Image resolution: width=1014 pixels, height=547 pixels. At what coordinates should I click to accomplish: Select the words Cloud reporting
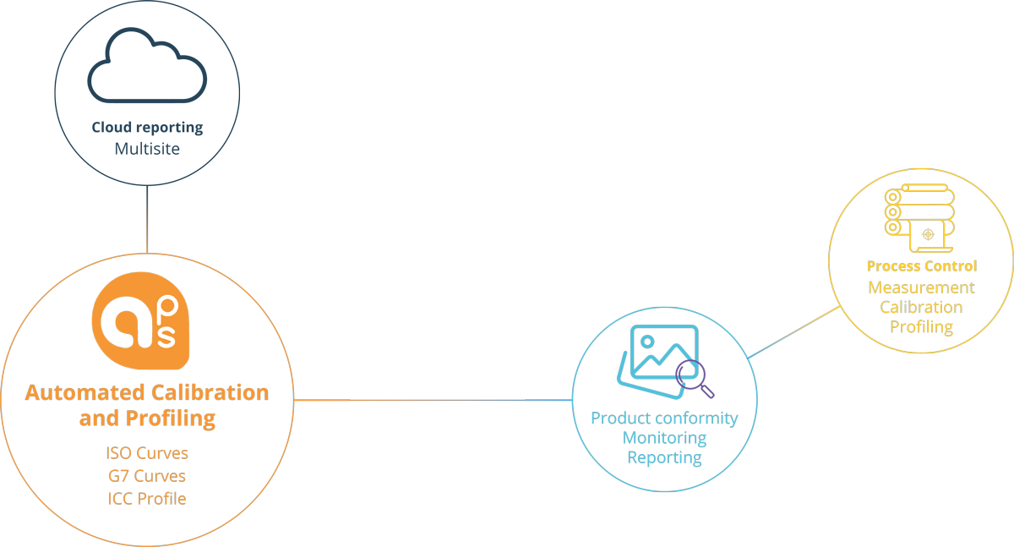click(147, 128)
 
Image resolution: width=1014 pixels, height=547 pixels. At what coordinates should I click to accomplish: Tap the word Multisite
click(147, 149)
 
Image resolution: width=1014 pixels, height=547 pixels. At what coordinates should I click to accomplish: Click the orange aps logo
click(140, 322)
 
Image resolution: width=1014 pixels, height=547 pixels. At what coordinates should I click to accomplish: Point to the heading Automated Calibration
click(147, 393)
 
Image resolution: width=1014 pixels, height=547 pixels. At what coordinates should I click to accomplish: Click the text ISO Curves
click(147, 453)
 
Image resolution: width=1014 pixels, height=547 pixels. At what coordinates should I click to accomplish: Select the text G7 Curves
click(147, 476)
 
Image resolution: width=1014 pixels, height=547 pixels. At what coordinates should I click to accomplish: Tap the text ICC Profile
click(147, 498)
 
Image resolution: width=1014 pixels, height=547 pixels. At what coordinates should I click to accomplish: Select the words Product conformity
click(664, 418)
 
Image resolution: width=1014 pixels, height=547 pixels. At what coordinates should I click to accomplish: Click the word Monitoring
click(664, 438)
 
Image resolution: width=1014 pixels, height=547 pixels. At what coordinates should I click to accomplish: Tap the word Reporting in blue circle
click(664, 457)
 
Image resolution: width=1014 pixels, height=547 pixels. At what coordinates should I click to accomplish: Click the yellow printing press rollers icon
click(919, 216)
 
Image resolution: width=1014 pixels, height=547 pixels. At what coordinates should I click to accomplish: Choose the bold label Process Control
click(921, 266)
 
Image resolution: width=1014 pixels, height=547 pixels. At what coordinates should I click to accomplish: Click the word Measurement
click(921, 287)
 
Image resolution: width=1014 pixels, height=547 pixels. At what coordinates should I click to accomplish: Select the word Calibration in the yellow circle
click(921, 307)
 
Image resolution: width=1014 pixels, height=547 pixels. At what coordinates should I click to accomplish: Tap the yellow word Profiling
click(921, 327)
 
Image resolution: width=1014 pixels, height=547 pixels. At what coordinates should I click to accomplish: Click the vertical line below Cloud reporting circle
click(147, 218)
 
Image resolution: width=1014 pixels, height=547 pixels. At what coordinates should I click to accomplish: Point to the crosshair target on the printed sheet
click(928, 234)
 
